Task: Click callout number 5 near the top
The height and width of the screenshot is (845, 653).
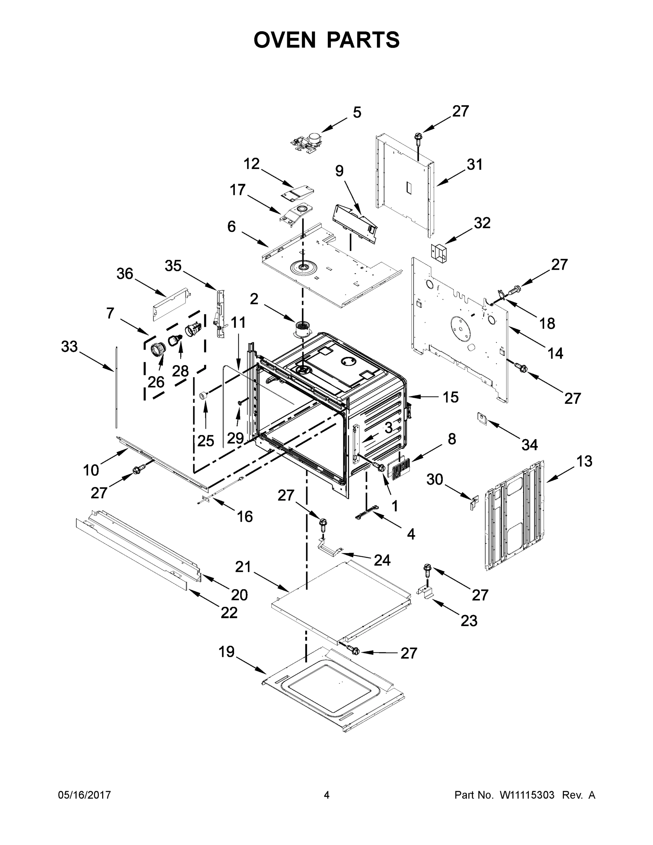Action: click(357, 113)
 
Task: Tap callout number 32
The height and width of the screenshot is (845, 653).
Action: click(482, 223)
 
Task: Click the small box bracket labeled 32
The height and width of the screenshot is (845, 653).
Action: click(438, 252)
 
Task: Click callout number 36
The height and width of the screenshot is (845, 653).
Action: click(125, 274)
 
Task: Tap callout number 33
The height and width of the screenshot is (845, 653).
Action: click(69, 347)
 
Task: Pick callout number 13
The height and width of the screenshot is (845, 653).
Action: click(584, 461)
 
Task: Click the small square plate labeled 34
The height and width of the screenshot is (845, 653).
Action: click(482, 418)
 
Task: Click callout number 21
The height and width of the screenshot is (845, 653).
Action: click(243, 567)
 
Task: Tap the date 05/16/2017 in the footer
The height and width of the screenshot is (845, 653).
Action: click(84, 795)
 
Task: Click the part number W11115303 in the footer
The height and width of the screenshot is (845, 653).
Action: click(527, 795)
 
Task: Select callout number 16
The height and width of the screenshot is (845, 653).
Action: click(245, 516)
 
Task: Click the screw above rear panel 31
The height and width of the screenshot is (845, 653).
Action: click(418, 138)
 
